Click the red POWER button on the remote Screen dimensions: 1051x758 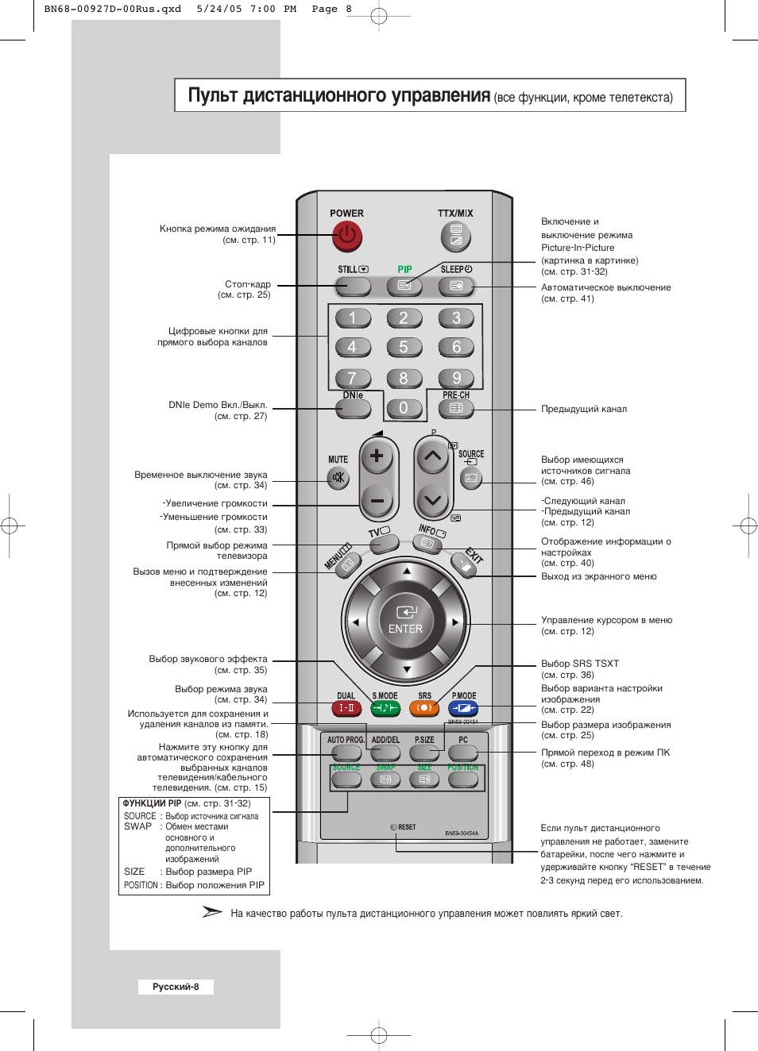tap(347, 236)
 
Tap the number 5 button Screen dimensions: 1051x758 tap(404, 347)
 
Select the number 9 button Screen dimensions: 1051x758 tap(456, 378)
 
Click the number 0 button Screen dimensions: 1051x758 tap(404, 408)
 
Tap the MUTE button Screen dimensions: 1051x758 tap(338, 477)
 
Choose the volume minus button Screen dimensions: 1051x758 tap(377, 501)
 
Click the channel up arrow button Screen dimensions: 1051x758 tap(432, 456)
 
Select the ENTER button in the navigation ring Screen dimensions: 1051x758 tap(406, 620)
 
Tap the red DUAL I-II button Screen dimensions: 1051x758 tap(346, 707)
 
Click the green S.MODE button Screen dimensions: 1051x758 tap(385, 707)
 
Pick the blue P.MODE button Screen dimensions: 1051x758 tap(463, 707)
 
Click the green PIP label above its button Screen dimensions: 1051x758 tap(404, 270)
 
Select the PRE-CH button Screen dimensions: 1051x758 tap(456, 409)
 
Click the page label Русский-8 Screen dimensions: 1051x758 tap(176, 987)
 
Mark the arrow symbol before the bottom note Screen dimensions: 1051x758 tap(212, 912)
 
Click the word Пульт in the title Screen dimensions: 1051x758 tap(213, 96)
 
